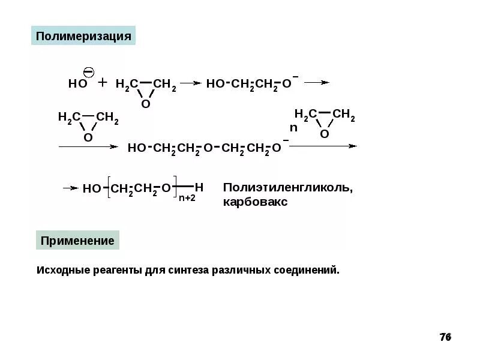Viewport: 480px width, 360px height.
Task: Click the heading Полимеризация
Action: click(x=83, y=36)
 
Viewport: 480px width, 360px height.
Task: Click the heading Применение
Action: click(x=77, y=241)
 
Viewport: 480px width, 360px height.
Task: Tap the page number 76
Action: click(x=445, y=337)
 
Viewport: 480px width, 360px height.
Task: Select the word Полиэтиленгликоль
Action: click(x=288, y=188)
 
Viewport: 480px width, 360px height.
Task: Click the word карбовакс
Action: click(x=255, y=202)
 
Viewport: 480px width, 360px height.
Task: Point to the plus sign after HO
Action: click(x=102, y=83)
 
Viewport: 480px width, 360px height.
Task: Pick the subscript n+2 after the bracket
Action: click(x=187, y=199)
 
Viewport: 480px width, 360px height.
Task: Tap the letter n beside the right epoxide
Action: click(x=293, y=128)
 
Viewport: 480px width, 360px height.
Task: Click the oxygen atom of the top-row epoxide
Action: click(x=145, y=104)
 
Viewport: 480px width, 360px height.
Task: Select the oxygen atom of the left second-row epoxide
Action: click(x=88, y=137)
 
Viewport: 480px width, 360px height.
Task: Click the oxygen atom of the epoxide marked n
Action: click(x=324, y=134)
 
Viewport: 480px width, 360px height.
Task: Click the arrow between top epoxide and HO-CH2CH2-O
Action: click(x=190, y=84)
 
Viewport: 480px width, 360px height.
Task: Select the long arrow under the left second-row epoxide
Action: click(x=87, y=146)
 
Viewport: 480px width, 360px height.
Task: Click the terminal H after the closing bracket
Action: click(x=199, y=187)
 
